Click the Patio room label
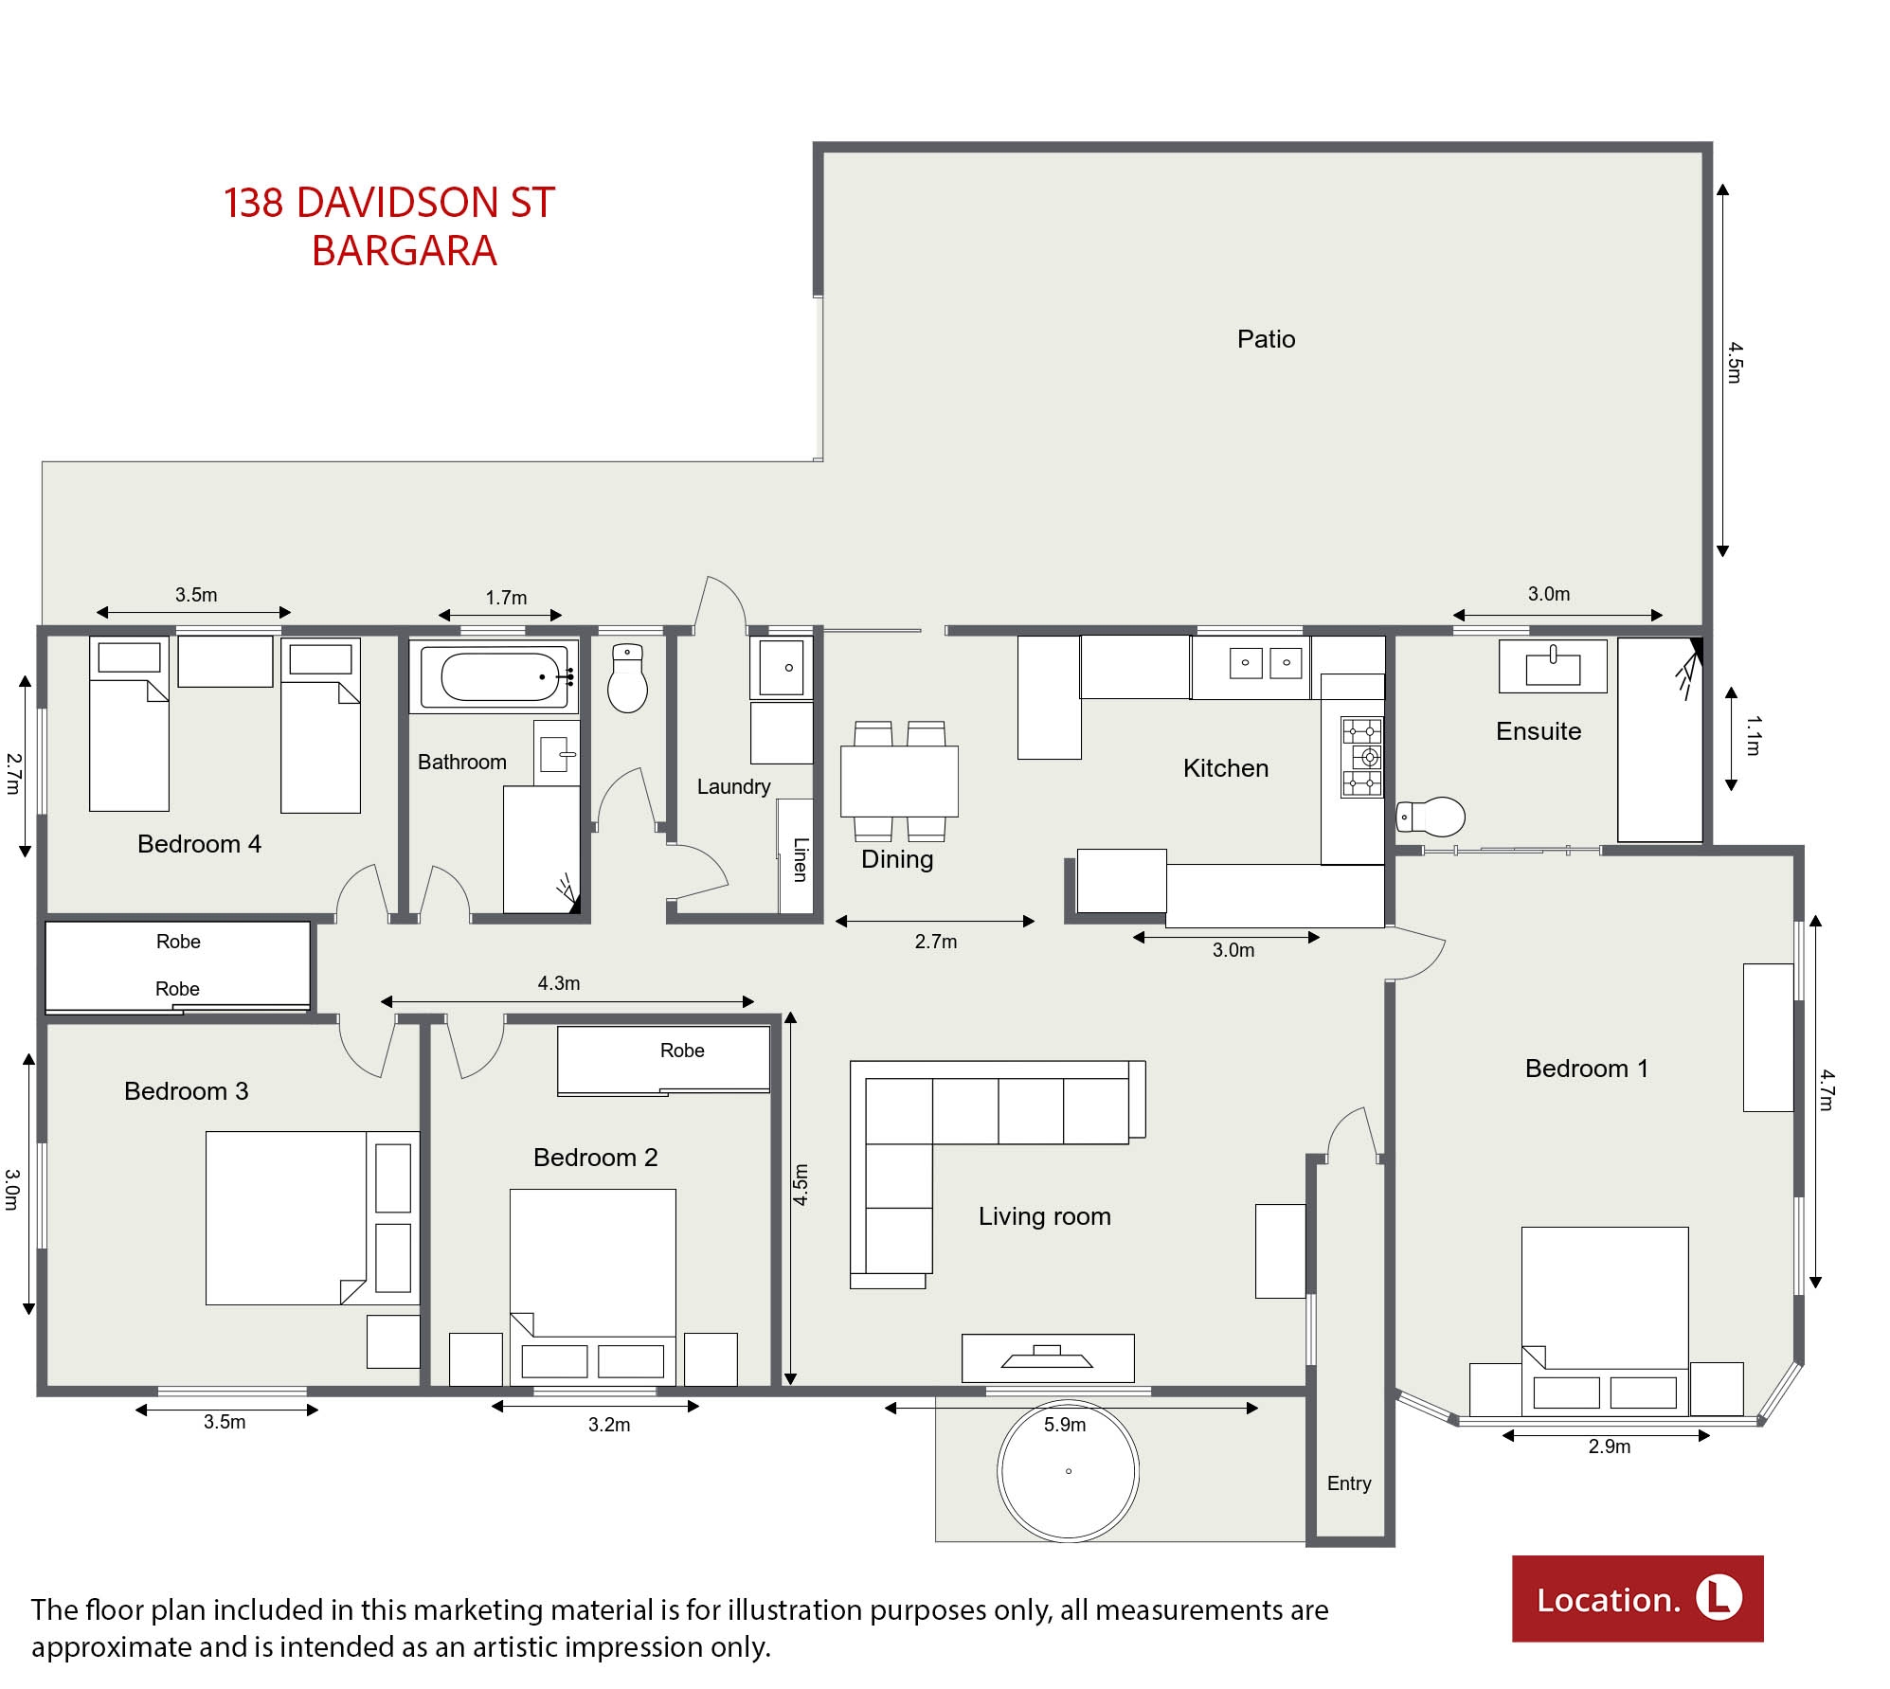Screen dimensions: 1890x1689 tap(1266, 339)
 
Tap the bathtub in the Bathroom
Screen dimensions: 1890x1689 tap(494, 676)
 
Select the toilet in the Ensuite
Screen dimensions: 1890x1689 tap(1431, 816)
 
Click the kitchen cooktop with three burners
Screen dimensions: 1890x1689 tap(1361, 757)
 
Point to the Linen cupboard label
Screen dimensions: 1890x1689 tap(801, 859)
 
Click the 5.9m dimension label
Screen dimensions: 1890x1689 tap(1065, 1425)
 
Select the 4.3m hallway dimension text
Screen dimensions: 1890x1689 tap(559, 983)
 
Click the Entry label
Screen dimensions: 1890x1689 tap(1349, 1483)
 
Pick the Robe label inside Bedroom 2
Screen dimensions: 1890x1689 tap(682, 1051)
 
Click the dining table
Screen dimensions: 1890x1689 tap(899, 782)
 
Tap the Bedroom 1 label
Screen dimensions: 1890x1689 tap(1587, 1069)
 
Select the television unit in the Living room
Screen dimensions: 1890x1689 tap(1048, 1358)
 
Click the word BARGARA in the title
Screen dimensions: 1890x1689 tap(405, 251)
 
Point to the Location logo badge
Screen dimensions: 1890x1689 tap(1637, 1599)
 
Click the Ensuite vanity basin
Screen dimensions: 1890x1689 tap(1553, 666)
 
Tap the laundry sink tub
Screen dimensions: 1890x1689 tap(782, 668)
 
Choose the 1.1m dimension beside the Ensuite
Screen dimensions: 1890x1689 tap(1753, 736)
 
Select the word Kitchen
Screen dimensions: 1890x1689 tap(1226, 768)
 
